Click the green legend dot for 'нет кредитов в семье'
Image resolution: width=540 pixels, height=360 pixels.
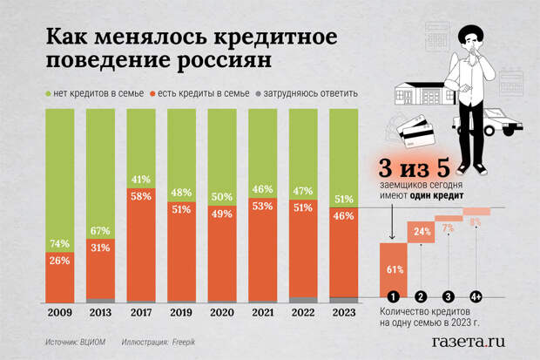[x=47, y=93]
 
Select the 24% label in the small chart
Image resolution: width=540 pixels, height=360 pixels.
[x=422, y=232]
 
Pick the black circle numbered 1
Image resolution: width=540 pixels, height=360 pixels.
[x=393, y=295]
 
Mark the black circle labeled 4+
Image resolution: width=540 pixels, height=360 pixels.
[x=476, y=295]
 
